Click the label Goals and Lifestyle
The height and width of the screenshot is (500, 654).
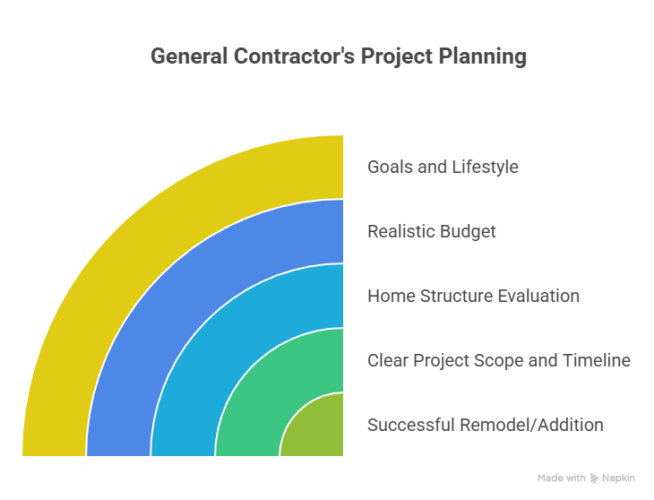pyautogui.click(x=443, y=167)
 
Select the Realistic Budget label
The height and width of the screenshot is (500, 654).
pyautogui.click(x=431, y=231)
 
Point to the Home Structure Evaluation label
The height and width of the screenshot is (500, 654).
pyautogui.click(x=473, y=296)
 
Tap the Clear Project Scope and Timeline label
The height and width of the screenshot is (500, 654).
pyautogui.click(x=499, y=360)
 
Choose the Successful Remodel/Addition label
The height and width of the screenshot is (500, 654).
pyautogui.click(x=485, y=425)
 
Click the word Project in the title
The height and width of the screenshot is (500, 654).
pyautogui.click(x=393, y=56)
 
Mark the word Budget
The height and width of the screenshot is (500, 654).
pyautogui.click(x=467, y=231)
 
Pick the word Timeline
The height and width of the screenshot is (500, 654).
pyautogui.click(x=596, y=360)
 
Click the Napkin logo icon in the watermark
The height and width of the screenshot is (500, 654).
pyautogui.click(x=594, y=478)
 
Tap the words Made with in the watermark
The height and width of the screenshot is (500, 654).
pyautogui.click(x=562, y=478)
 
